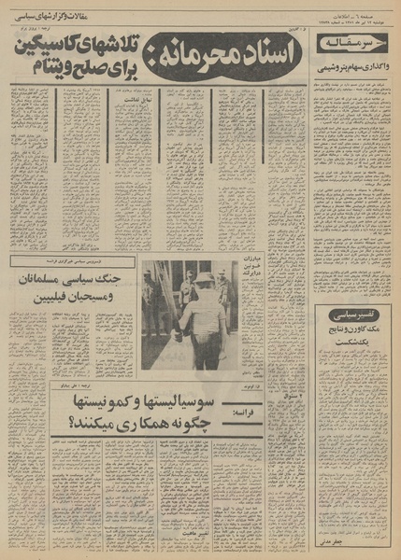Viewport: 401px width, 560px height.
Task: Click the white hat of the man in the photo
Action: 202,277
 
